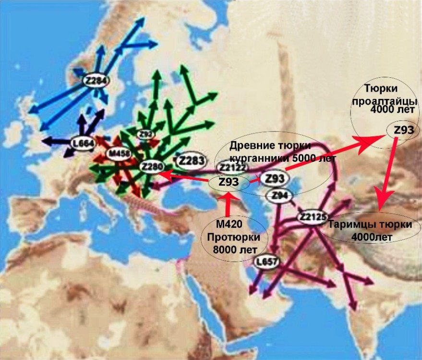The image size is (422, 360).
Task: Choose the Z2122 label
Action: coord(233,168)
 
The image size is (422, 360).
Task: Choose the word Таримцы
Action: coord(350,225)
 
